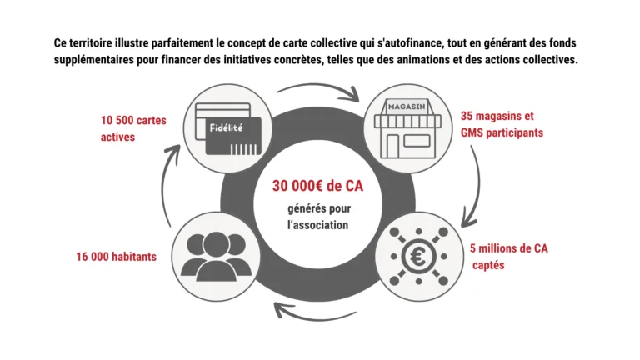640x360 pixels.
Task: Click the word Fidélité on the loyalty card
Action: (x=226, y=127)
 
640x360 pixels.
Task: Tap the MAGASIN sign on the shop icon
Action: (x=407, y=107)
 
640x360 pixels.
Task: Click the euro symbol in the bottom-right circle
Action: (x=419, y=257)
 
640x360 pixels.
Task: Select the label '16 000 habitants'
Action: (x=117, y=257)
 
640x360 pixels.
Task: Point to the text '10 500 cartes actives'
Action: (x=133, y=128)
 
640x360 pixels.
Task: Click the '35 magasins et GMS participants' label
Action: (x=502, y=124)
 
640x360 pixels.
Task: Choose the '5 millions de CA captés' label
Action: (x=509, y=257)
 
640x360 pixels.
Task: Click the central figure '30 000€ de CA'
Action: (x=318, y=186)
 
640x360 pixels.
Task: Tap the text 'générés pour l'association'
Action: (x=319, y=217)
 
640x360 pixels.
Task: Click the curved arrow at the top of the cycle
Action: (x=319, y=87)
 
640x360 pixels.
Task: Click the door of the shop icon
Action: (x=392, y=146)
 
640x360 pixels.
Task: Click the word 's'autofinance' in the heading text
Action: (x=412, y=42)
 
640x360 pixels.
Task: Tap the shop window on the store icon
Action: (x=417, y=141)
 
